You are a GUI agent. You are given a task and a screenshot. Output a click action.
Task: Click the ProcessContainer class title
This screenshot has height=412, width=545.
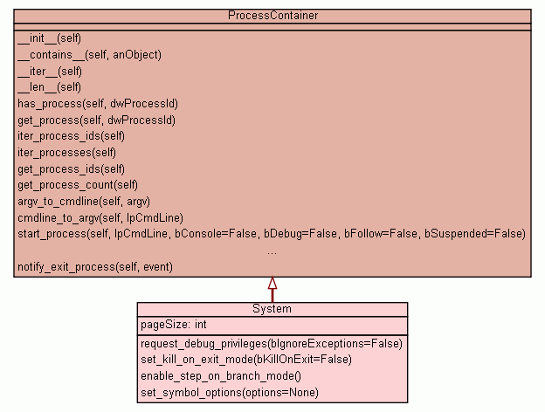(272, 16)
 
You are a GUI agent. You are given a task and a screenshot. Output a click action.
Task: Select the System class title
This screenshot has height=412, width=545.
(272, 309)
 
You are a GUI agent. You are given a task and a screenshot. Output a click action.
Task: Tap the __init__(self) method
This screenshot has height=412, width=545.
(49, 38)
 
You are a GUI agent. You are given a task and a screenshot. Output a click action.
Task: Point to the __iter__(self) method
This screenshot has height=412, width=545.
(49, 71)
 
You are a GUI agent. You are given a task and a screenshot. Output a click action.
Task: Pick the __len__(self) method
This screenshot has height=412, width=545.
(49, 87)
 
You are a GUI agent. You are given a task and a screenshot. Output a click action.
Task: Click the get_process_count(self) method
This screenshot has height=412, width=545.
(78, 185)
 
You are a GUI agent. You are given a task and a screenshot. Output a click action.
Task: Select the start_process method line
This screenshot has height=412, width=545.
(271, 234)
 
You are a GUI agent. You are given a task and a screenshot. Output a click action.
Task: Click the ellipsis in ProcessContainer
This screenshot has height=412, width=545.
(272, 251)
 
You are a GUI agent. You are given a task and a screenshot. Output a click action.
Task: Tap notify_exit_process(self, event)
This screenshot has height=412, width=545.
(95, 266)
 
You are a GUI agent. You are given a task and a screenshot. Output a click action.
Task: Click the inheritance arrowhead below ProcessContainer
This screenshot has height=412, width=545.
(272, 283)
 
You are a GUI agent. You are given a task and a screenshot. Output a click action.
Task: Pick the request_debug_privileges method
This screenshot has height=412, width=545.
(271, 344)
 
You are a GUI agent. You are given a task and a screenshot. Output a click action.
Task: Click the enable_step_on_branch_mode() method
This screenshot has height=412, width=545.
(220, 376)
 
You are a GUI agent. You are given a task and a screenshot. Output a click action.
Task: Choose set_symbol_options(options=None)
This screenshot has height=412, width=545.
(229, 393)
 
